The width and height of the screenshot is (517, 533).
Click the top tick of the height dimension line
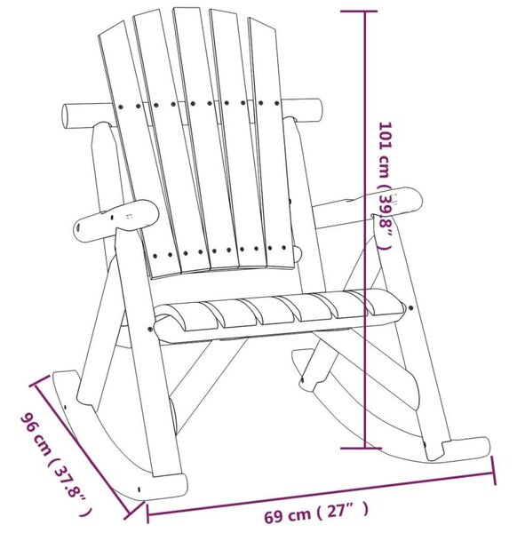click(x=359, y=12)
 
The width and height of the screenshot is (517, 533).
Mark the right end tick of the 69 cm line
click(x=494, y=471)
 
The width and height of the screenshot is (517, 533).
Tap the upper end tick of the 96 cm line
click(x=38, y=380)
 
